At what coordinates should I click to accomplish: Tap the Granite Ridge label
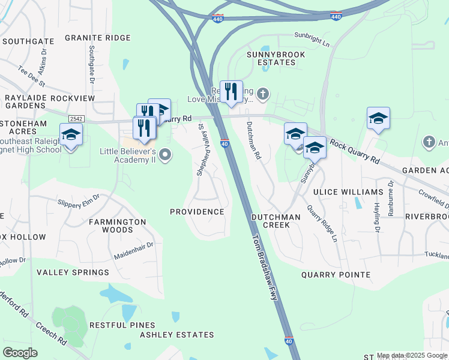pos(97,38)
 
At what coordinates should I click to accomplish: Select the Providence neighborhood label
pos(197,212)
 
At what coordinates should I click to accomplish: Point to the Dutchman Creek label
pos(270,220)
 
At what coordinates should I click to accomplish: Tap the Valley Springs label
pos(73,272)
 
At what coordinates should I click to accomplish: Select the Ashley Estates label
pos(176,335)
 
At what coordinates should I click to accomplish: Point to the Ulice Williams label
pos(348,192)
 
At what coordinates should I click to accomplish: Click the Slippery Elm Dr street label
pos(77,200)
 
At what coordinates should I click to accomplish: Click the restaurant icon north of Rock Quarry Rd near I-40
pos(231,92)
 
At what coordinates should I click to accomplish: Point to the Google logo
pos(20,353)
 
